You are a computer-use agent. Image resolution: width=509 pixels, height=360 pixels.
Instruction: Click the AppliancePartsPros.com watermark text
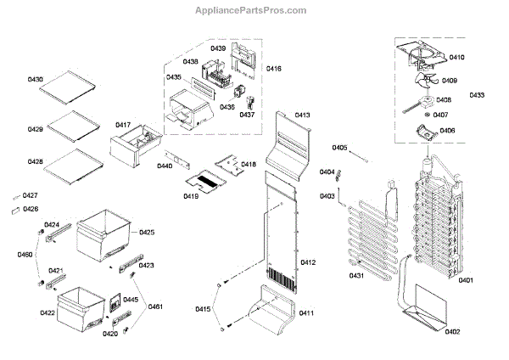tap(253, 10)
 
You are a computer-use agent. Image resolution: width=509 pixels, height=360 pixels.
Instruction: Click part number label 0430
tap(35, 79)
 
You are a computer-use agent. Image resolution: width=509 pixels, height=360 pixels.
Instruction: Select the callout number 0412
tap(307, 262)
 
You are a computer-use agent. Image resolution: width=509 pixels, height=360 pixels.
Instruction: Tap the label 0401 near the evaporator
tap(466, 280)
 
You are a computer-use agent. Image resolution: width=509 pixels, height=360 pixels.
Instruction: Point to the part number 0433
tap(478, 96)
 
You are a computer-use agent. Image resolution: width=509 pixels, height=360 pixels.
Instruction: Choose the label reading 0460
tap(25, 254)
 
